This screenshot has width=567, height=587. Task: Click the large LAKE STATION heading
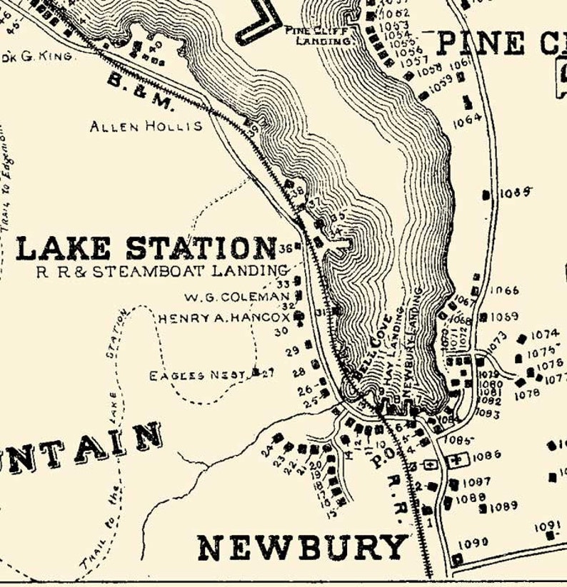pyautogui.click(x=146, y=248)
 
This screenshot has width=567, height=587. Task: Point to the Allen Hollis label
pyautogui.click(x=146, y=126)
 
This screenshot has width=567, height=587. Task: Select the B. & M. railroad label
pyautogui.click(x=141, y=92)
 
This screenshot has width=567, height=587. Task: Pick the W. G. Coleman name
pyautogui.click(x=236, y=296)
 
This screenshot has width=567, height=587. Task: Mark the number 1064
pyautogui.click(x=467, y=122)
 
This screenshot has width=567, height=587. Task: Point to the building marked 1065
pyautogui.click(x=487, y=194)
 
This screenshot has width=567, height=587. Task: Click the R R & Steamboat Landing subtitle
pyautogui.click(x=161, y=270)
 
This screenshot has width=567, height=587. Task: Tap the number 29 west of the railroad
pyautogui.click(x=292, y=352)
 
